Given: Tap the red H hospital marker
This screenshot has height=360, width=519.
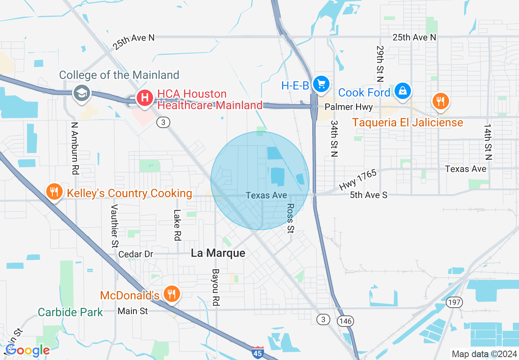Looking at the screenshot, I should [144, 98].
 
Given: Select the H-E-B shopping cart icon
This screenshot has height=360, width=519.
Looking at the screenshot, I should [321, 84].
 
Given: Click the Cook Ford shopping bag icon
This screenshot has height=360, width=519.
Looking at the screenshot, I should [403, 91].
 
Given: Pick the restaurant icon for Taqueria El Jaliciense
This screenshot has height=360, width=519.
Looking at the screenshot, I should [440, 101].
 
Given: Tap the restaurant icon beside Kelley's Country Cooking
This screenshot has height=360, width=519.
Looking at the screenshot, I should [54, 191].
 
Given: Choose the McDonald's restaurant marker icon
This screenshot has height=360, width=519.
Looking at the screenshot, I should [171, 294].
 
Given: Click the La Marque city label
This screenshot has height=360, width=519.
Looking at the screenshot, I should [218, 253].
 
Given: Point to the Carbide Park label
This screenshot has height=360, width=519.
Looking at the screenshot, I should [70, 313].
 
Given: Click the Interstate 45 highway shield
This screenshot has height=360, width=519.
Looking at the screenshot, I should [257, 352].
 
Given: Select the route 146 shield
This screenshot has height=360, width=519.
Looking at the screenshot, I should [346, 321].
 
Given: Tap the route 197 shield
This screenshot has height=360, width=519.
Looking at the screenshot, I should [455, 303].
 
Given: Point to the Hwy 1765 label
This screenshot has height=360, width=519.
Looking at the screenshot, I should [357, 180].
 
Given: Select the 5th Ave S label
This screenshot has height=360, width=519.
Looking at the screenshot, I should [368, 195].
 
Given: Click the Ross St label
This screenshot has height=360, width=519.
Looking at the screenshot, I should [291, 218].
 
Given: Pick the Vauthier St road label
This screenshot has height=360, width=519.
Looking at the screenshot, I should [115, 225].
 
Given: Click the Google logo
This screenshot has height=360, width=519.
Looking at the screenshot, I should [27, 350].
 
